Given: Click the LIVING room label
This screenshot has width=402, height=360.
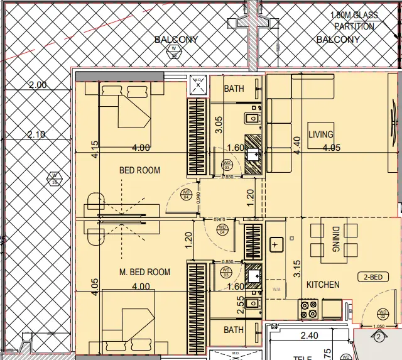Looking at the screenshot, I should (320, 134).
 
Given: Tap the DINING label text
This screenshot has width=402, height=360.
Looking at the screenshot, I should (336, 241).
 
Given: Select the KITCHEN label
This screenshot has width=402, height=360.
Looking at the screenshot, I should (323, 285).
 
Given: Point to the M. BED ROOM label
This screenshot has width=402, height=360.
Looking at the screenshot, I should (144, 272).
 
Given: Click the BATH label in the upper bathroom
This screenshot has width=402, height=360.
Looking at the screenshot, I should (234, 89).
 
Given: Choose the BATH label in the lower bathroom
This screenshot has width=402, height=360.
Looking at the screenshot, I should (234, 329).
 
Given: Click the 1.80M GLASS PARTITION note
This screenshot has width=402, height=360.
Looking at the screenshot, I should (354, 21).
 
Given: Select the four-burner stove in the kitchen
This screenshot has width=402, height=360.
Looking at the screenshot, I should (308, 309).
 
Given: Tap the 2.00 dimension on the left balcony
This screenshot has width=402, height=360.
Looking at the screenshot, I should (37, 85).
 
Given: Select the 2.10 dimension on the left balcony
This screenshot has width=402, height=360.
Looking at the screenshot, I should (37, 134).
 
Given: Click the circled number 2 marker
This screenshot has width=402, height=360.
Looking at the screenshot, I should (378, 337).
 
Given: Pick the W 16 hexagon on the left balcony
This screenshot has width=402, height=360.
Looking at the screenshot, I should (54, 178).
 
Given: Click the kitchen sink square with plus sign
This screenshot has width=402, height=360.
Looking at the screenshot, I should (275, 245).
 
